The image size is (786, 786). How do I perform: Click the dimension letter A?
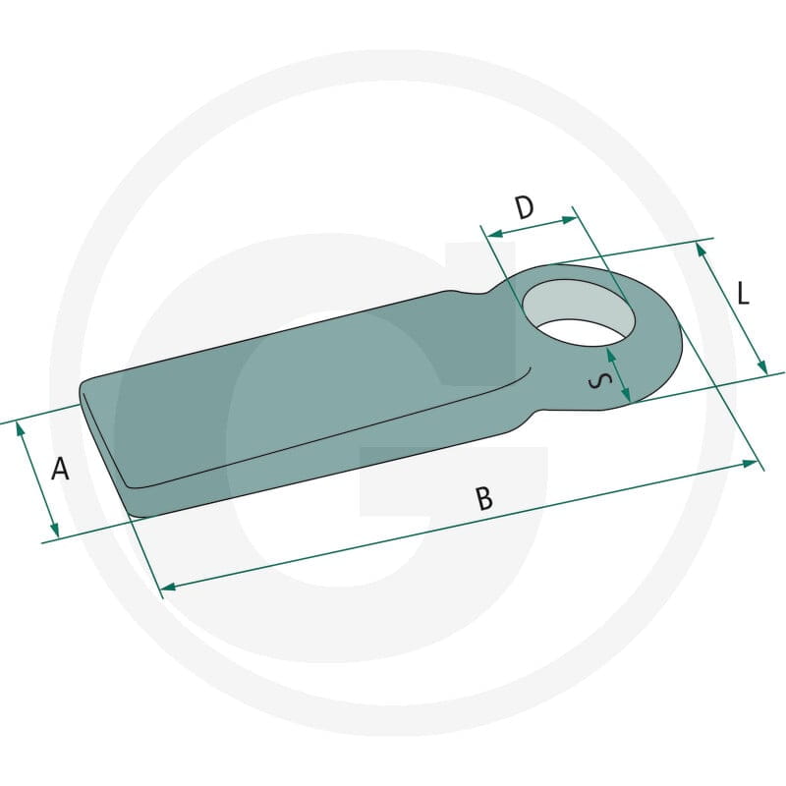click(x=60, y=470)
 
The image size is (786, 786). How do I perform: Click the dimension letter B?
click(x=484, y=498)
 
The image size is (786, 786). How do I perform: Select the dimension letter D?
click(x=525, y=207)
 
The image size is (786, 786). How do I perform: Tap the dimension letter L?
click(x=744, y=294)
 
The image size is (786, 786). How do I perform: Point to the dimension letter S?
click(x=599, y=382)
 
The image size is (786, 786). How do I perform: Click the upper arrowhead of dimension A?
click(x=21, y=431)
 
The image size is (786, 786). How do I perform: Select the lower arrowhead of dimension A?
click(x=55, y=529)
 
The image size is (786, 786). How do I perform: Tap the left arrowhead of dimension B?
click(x=169, y=586)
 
